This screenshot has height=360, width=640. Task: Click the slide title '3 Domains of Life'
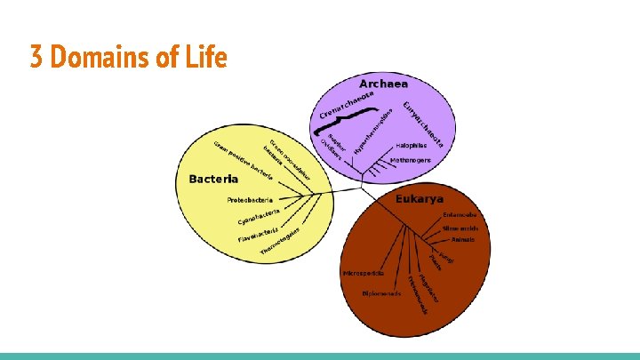129,59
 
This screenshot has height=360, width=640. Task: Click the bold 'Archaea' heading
383,84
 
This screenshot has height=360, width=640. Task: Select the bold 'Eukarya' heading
420,199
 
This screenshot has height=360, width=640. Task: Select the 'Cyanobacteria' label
259,216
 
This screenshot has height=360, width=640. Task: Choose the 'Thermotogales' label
281,244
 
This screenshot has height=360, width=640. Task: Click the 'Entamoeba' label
460,214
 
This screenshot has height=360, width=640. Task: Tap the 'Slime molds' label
460,228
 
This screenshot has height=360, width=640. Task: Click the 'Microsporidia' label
363,273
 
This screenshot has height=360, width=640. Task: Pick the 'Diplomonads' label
380,292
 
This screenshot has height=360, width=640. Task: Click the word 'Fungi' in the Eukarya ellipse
445,256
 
